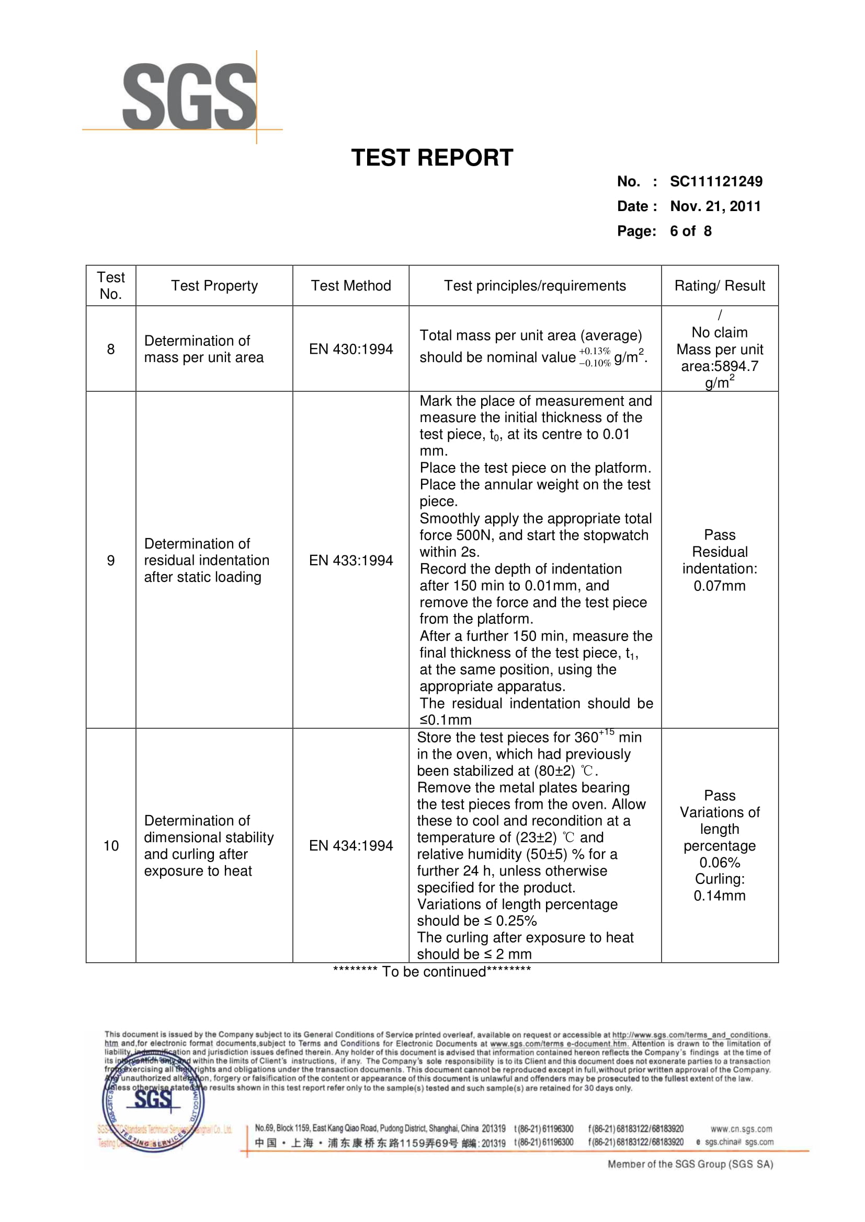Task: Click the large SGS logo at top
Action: coord(189,97)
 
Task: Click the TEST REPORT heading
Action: coord(432,158)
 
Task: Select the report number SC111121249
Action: coord(716,181)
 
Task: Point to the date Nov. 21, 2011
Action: coord(715,206)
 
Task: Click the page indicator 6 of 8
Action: coord(690,231)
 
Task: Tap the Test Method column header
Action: coord(350,286)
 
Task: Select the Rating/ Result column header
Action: coord(719,286)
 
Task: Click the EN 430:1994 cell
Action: coord(350,349)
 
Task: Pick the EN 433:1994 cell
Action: coord(350,561)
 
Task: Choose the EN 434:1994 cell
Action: coord(350,846)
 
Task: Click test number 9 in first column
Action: coord(111,561)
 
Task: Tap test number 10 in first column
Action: coord(111,846)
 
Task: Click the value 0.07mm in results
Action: coord(719,586)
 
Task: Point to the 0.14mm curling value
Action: coord(719,896)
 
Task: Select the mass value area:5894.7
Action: coord(719,366)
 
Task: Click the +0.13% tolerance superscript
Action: coord(595,351)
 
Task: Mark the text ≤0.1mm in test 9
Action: coord(445,720)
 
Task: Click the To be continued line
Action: coord(432,972)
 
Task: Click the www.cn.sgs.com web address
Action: coord(741,1129)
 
